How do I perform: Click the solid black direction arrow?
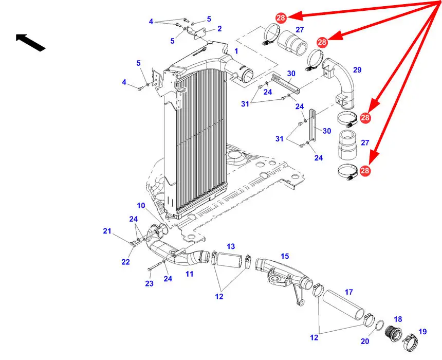tap(30, 42)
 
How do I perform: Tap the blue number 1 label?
tap(236, 51)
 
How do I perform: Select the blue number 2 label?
tap(219, 29)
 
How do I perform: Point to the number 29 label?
tap(357, 69)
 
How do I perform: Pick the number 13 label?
tap(230, 246)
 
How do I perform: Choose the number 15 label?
tap(285, 256)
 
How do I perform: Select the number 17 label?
tap(349, 292)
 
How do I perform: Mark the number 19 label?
tap(422, 332)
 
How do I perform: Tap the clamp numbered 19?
tap(413, 341)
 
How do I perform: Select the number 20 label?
tap(364, 341)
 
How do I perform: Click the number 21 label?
tap(107, 231)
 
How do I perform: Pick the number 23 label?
tap(149, 283)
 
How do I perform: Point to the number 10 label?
tap(141, 206)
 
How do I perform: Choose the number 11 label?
tap(189, 274)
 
